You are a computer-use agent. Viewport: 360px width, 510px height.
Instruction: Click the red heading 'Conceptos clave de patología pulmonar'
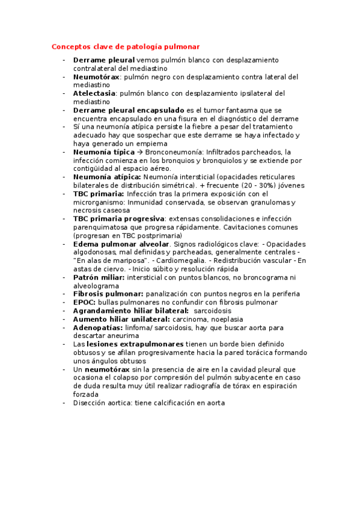126,46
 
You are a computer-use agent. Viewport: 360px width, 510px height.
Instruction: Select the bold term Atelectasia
94,94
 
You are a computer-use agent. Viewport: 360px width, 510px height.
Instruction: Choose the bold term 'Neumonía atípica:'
107,177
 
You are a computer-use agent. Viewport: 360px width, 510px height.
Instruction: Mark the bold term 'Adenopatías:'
98,328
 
